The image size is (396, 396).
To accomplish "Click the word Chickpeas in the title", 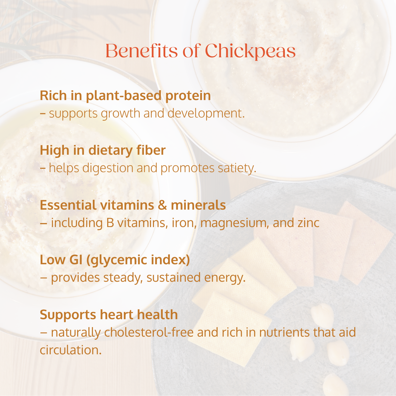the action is [x=250, y=51].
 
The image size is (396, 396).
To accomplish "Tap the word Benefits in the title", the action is [x=142, y=51].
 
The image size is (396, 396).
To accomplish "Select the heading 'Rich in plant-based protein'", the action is [x=125, y=96].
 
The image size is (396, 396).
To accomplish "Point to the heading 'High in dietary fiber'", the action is [x=103, y=151].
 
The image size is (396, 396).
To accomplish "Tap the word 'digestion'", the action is [x=108, y=168].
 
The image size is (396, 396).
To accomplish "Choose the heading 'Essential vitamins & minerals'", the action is [x=133, y=205].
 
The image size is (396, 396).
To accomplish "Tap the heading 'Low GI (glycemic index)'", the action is [x=115, y=260].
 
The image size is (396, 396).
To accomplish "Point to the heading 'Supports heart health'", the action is [x=109, y=315].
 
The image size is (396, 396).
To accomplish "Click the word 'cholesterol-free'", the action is [x=149, y=332].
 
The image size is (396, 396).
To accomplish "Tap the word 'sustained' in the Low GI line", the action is [x=174, y=278].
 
